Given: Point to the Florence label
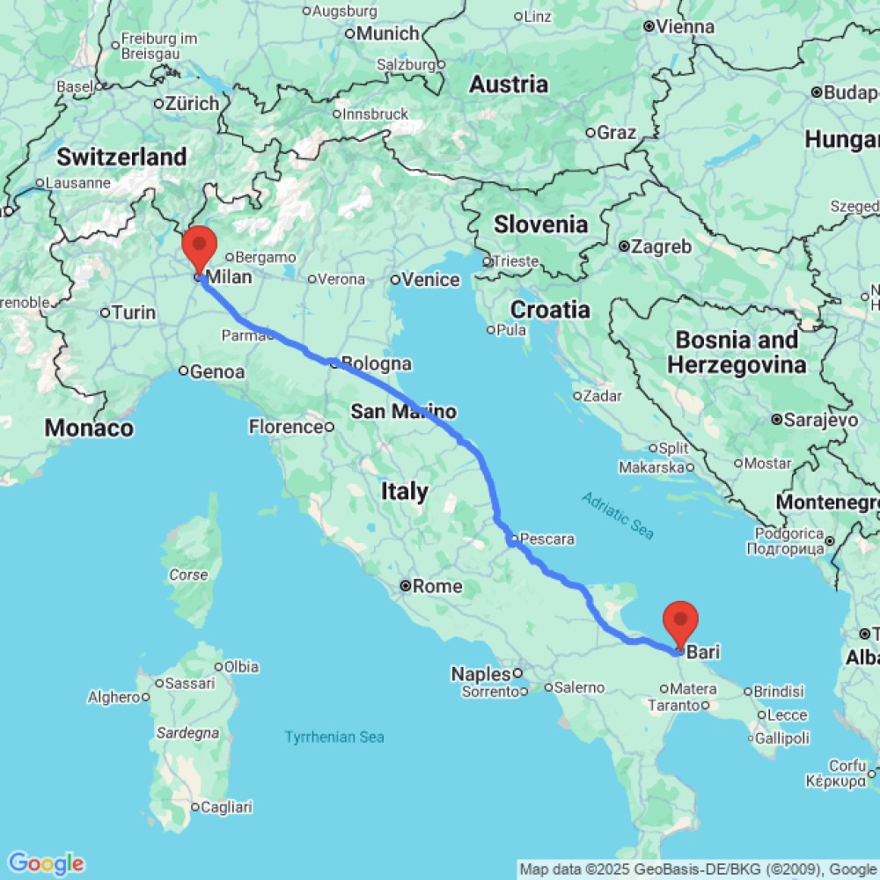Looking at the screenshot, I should [x=286, y=427].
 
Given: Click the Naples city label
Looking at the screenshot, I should [x=480, y=674].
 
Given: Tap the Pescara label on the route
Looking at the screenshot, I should [x=547, y=539].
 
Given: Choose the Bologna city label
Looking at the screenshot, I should [x=376, y=363].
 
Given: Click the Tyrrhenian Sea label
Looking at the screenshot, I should [x=334, y=737].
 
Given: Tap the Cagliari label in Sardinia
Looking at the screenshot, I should [x=226, y=807].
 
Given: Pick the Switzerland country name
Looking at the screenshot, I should [x=121, y=158].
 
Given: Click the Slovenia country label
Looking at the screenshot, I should [x=540, y=224].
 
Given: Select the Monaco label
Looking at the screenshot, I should [x=89, y=429].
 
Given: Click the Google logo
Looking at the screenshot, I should [x=46, y=863].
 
